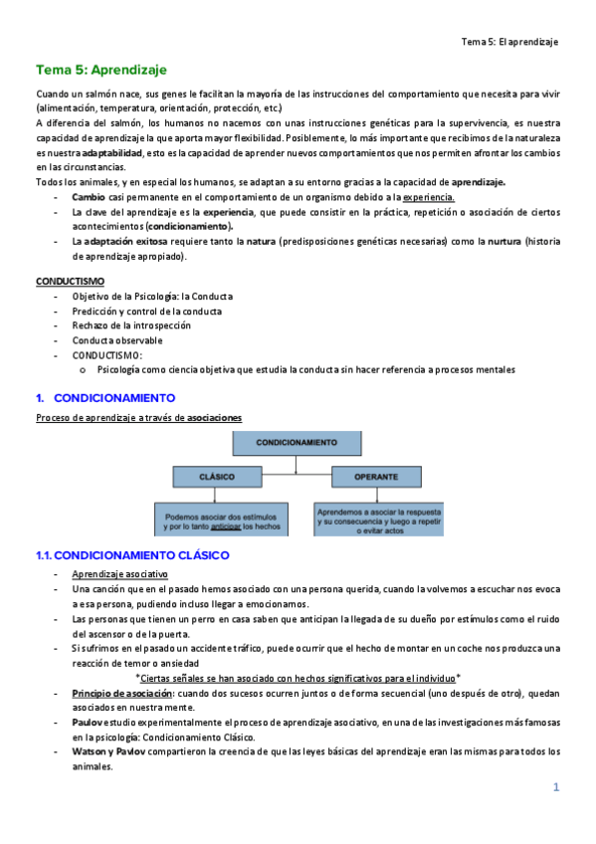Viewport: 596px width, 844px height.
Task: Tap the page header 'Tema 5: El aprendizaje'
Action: [510, 42]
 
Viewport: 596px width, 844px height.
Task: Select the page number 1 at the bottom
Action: [557, 788]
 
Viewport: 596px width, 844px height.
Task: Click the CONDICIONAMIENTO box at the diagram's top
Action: [296, 440]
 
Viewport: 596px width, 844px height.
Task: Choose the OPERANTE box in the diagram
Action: [375, 477]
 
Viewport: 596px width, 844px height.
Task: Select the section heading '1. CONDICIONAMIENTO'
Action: [105, 397]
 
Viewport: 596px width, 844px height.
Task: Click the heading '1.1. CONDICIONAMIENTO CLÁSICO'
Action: [132, 554]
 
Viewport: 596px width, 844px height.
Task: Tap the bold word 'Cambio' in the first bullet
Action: [88, 197]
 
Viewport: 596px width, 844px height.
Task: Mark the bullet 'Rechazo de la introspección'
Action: [130, 325]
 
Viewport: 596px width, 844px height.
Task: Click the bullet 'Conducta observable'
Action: [116, 340]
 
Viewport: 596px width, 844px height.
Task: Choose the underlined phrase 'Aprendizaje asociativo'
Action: [119, 574]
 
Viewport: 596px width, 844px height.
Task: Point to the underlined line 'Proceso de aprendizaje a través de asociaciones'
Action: [138, 418]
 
